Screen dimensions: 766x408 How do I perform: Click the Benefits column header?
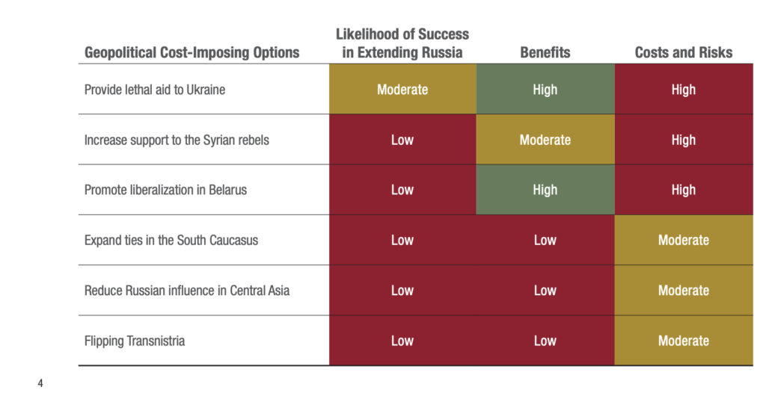[x=545, y=52]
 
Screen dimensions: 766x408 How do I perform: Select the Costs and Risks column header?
[x=684, y=52]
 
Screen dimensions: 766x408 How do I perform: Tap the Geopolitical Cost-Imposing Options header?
[x=192, y=53]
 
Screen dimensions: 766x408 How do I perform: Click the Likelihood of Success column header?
[x=402, y=43]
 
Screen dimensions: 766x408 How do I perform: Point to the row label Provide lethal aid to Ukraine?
[x=155, y=90]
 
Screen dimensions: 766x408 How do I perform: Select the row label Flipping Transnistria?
[x=135, y=341]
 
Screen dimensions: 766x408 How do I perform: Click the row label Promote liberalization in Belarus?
[x=165, y=190]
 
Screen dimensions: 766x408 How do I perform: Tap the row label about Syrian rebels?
[x=177, y=140]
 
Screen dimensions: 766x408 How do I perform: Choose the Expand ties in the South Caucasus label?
[x=171, y=240]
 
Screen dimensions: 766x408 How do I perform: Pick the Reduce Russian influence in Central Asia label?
[x=187, y=291]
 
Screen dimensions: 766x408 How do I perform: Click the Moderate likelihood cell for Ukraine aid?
[x=402, y=89]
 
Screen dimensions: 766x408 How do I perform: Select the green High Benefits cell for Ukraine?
[x=545, y=89]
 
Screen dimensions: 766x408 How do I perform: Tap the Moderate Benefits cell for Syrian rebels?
[x=545, y=140]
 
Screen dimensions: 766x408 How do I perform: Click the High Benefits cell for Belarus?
[x=545, y=190]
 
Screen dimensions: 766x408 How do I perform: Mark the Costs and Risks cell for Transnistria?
[x=684, y=340]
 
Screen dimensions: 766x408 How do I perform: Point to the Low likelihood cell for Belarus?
[x=402, y=190]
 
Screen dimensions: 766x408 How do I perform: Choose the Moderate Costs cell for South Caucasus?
[x=684, y=240]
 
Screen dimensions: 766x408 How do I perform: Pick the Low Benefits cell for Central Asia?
[x=545, y=291]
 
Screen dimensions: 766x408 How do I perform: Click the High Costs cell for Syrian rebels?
[x=684, y=140]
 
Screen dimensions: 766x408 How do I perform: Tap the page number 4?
[x=40, y=383]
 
